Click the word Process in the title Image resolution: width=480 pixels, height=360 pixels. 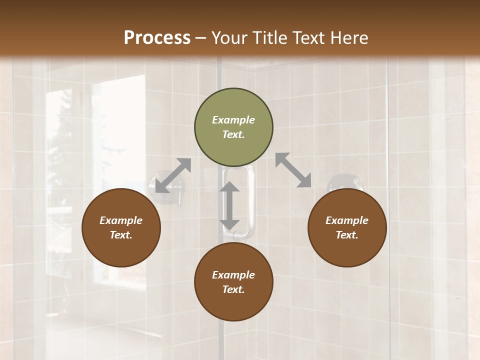click(x=157, y=38)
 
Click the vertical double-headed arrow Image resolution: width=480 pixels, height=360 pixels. click(x=229, y=205)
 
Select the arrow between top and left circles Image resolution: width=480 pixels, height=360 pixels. click(x=173, y=175)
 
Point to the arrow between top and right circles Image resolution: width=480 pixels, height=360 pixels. click(x=293, y=170)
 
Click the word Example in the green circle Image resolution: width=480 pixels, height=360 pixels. click(x=233, y=120)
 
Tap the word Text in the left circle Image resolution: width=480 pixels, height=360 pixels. click(x=121, y=235)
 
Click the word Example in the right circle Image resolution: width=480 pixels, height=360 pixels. click(x=347, y=220)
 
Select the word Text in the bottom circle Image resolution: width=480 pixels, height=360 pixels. click(x=233, y=289)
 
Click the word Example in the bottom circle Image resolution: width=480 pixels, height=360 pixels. click(x=233, y=275)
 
